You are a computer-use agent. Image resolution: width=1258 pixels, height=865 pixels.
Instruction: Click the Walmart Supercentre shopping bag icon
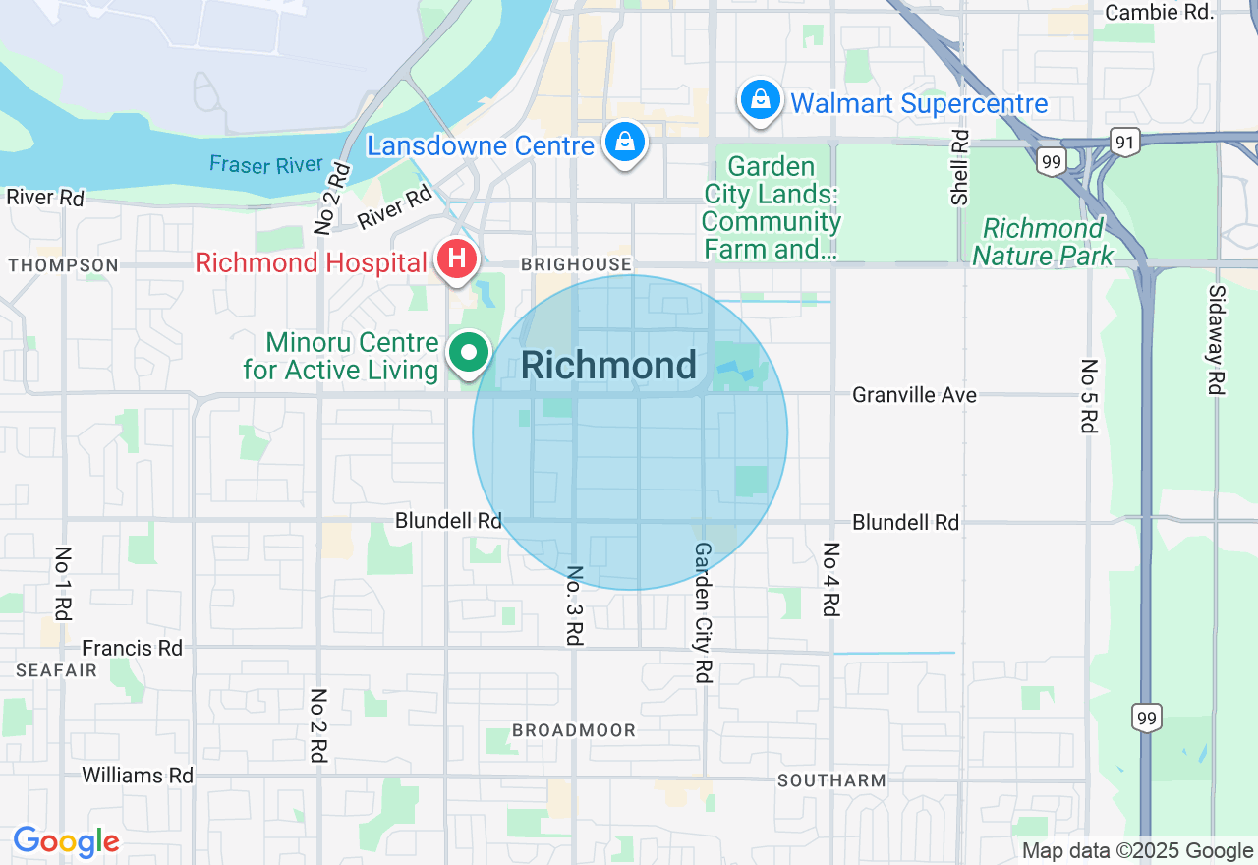coord(760,100)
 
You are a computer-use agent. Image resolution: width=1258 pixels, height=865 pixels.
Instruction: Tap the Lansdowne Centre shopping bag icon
coord(624,143)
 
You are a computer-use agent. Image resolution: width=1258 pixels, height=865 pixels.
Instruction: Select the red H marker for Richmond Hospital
coord(457,260)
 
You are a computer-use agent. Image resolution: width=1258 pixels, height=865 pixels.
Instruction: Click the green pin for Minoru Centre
coord(470,353)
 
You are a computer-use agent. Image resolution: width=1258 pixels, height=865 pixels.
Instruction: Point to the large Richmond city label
coord(608,366)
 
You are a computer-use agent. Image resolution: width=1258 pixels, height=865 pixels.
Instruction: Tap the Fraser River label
coord(266,164)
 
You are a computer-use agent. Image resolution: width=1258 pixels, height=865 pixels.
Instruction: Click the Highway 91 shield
coord(1125,144)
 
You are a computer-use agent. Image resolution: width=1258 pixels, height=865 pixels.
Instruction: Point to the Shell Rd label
coord(959,167)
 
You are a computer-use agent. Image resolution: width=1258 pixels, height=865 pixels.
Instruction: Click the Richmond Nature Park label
coord(1043,242)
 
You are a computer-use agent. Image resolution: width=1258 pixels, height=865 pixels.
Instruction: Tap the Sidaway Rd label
coord(1217,339)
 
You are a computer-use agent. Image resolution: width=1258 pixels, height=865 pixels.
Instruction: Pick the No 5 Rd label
coord(1088,395)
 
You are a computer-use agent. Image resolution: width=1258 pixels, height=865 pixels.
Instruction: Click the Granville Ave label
coord(914,395)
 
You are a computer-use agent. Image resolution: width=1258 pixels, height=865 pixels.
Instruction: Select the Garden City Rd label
coord(703,612)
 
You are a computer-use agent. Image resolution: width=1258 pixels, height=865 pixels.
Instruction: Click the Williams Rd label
coord(138,776)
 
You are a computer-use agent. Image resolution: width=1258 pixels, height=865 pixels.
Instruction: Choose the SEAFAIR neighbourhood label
coord(56,670)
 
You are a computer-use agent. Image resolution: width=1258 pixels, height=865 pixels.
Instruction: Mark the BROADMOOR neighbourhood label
coord(574,730)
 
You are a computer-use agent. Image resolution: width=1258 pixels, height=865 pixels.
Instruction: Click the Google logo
coord(66,841)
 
